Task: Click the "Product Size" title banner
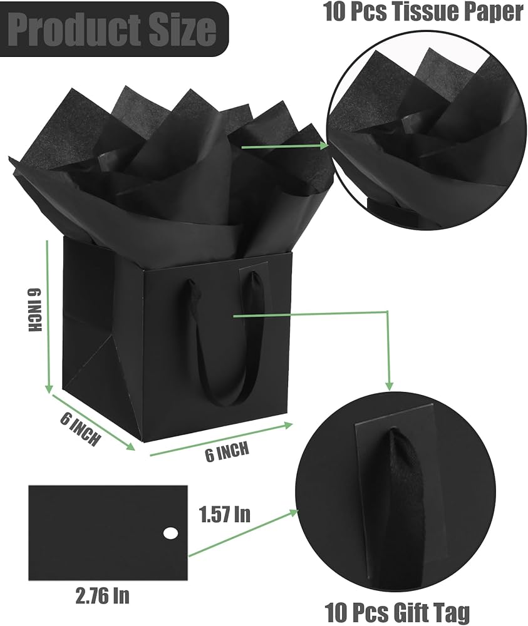click(115, 29)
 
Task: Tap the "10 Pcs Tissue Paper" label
click(423, 12)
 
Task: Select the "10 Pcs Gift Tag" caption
click(397, 612)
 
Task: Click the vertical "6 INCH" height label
click(34, 310)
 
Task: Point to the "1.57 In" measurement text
click(225, 514)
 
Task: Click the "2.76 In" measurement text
click(102, 595)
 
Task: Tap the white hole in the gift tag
click(170, 533)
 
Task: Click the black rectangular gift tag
click(108, 533)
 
